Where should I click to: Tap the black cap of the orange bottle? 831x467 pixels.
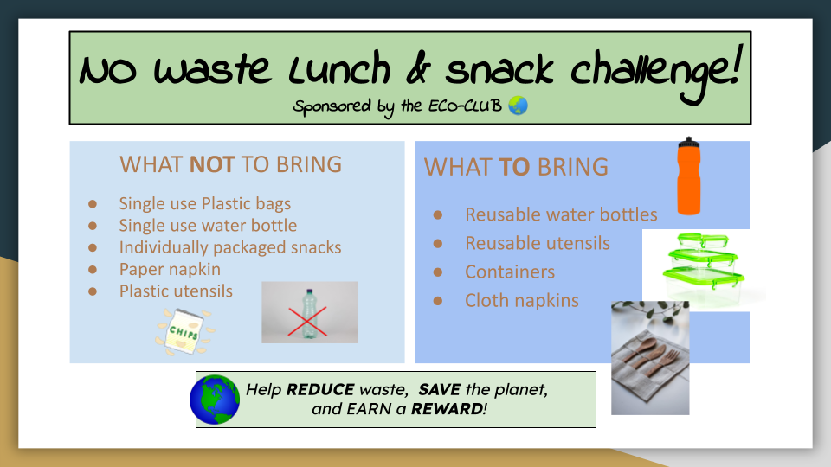point(688,142)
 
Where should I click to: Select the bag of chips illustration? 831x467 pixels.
point(184,332)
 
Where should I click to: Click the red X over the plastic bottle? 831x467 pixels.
point(307,322)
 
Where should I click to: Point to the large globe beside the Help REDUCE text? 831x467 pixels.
point(215,400)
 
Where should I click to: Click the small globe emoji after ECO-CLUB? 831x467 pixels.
point(518,106)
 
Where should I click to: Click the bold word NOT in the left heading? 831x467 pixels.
point(212,164)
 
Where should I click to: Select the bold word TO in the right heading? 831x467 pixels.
point(514,167)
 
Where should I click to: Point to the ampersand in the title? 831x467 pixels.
point(419,70)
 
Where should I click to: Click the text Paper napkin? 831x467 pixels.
point(170,269)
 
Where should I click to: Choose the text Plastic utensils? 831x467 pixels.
point(176,291)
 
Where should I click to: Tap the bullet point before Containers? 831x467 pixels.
point(438,272)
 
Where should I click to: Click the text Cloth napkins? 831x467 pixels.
point(521,301)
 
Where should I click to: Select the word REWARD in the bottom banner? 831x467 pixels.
point(447,409)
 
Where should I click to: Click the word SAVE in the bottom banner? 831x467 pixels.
point(439,390)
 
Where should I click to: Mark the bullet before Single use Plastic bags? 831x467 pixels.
point(93,204)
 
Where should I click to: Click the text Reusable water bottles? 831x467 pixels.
point(561,214)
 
